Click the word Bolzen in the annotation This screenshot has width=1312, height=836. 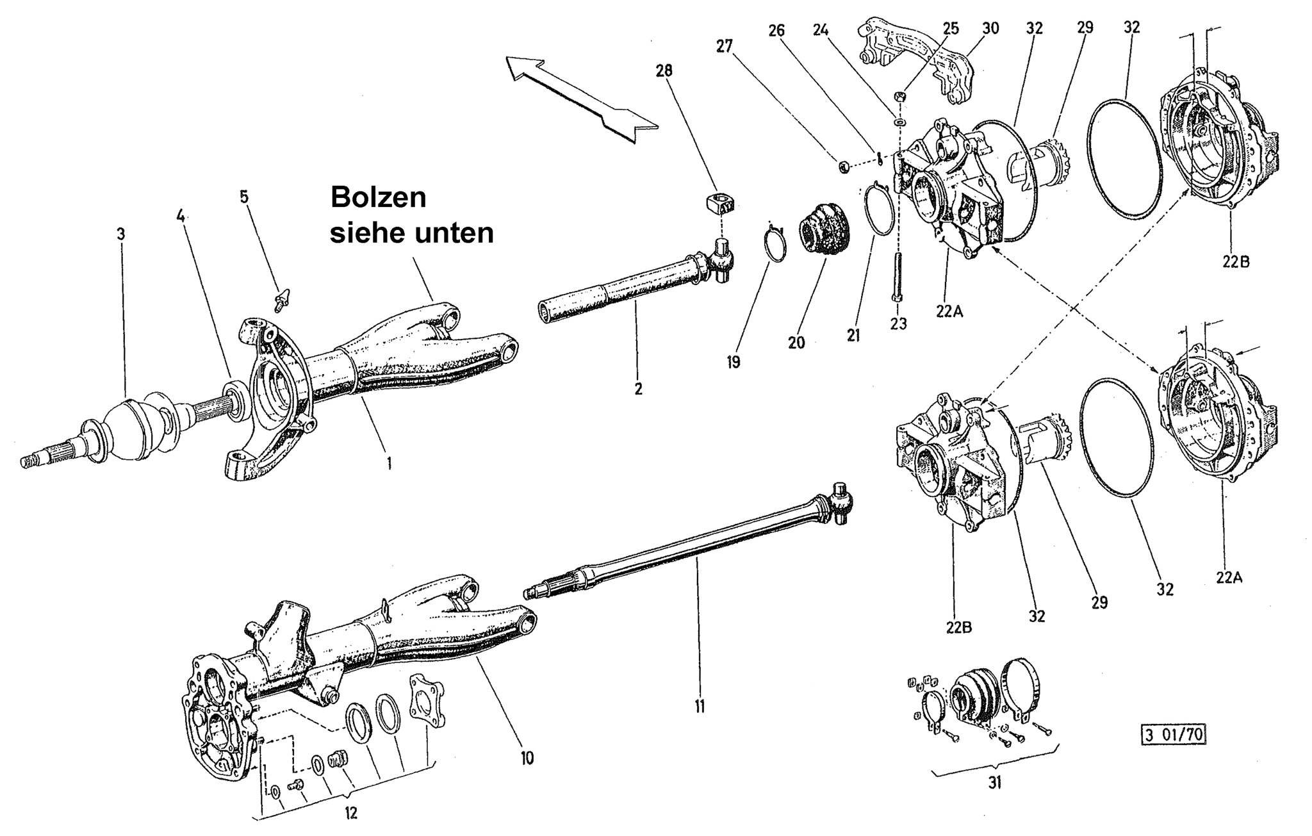(378, 197)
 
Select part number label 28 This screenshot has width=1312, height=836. (664, 70)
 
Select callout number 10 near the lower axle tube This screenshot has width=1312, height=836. (527, 758)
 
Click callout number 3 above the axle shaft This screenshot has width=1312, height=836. (121, 234)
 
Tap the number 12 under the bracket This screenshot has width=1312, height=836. (350, 813)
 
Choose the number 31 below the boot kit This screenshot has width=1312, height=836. (994, 782)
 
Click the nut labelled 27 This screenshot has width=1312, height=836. (844, 168)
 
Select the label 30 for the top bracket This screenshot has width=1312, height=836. (990, 28)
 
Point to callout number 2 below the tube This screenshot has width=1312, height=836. (638, 388)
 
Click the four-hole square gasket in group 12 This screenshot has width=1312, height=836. (425, 703)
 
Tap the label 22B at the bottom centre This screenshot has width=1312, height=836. (958, 627)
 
